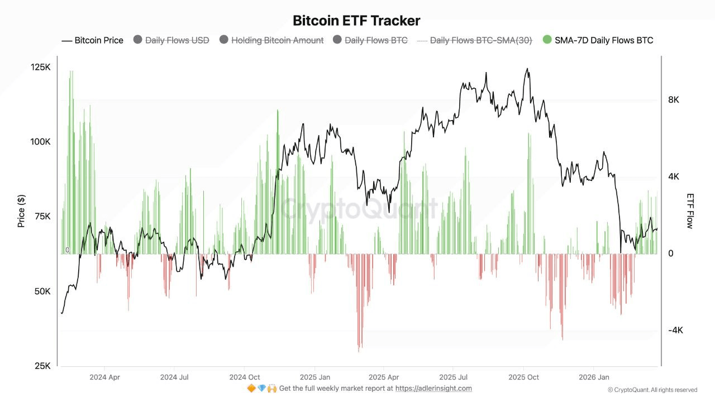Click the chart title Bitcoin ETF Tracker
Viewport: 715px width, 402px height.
(x=356, y=21)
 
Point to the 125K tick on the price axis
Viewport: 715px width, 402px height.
(x=40, y=67)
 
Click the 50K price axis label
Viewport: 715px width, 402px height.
(x=42, y=291)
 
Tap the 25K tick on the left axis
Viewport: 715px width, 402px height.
(x=42, y=366)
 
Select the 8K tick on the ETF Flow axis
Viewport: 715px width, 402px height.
(x=674, y=100)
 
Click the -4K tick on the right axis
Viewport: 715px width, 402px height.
(x=675, y=331)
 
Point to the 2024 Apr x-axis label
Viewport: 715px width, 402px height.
(x=104, y=377)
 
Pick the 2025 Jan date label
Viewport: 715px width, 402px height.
(x=314, y=377)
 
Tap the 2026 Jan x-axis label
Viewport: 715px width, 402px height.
(x=594, y=377)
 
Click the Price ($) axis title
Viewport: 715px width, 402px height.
(x=21, y=210)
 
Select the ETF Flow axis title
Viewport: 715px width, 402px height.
(x=690, y=211)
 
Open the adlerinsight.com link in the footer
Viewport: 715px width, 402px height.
(x=433, y=389)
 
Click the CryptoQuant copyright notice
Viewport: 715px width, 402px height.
(x=652, y=390)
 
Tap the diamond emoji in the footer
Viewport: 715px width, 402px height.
(x=261, y=389)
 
